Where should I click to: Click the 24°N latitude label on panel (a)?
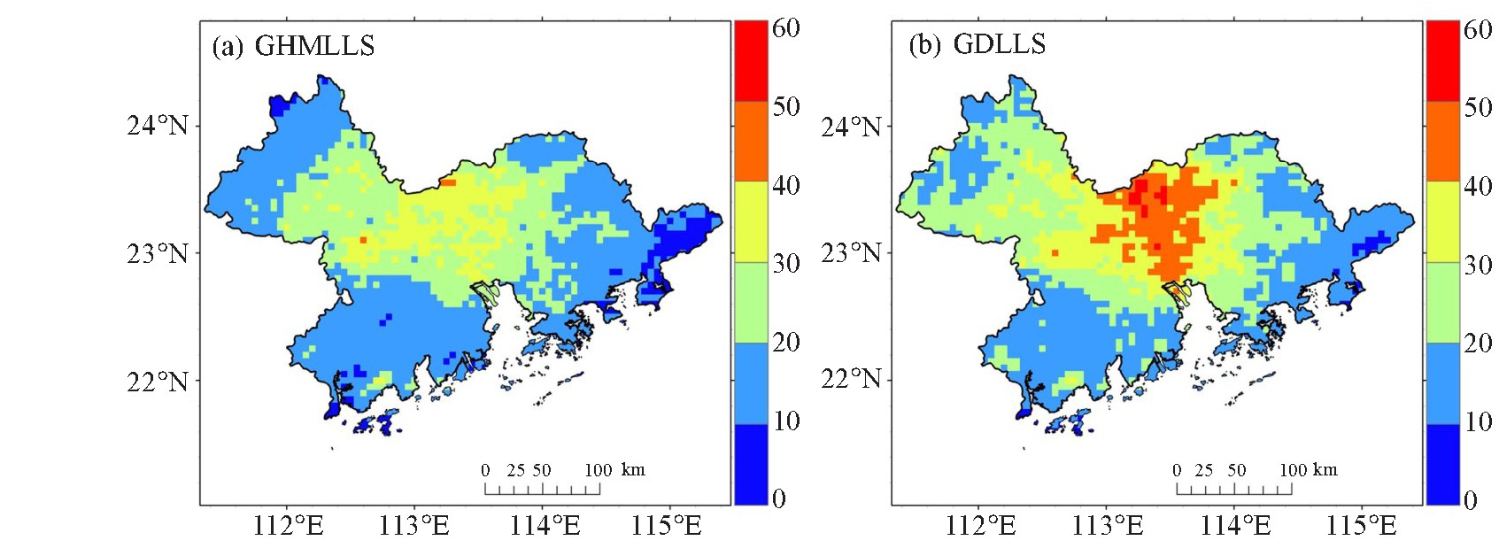pyautogui.click(x=158, y=125)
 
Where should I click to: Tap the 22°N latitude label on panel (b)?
pyautogui.click(x=851, y=379)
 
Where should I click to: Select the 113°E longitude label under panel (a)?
pyautogui.click(x=414, y=527)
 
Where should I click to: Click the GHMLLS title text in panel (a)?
pyautogui.click(x=314, y=45)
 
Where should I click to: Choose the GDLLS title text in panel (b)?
pyautogui.click(x=999, y=44)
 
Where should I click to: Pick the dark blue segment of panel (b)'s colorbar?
pyautogui.click(x=1442, y=464)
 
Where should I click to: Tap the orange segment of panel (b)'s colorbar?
pyautogui.click(x=1442, y=141)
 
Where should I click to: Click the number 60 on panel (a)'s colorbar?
pyautogui.click(x=786, y=28)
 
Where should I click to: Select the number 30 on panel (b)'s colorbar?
pyautogui.click(x=1478, y=265)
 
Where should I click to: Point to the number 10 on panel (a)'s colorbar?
pyautogui.click(x=786, y=421)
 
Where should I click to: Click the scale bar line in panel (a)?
pyautogui.click(x=543, y=494)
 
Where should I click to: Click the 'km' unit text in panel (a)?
pyautogui.click(x=633, y=469)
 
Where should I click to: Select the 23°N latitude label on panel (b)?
pyautogui.click(x=851, y=253)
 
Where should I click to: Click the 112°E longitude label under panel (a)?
pyautogui.click(x=289, y=527)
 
